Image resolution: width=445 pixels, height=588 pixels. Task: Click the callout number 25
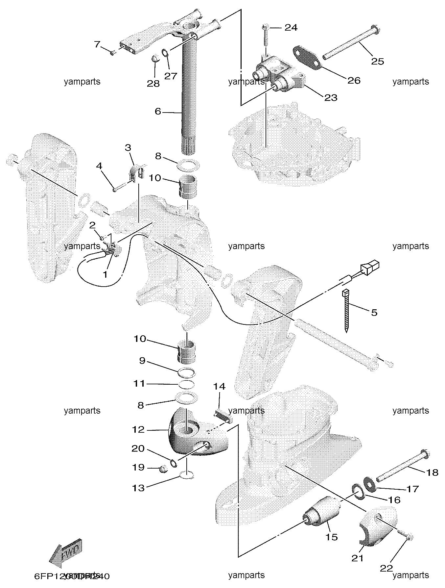tap(378, 61)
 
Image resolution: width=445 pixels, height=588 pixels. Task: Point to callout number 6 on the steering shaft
tap(158, 112)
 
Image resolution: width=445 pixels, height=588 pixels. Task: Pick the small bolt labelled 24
tap(266, 36)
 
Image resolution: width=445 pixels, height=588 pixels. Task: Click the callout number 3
tap(128, 147)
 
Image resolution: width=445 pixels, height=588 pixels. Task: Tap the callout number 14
tap(220, 386)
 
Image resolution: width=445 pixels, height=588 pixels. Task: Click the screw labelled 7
tap(113, 52)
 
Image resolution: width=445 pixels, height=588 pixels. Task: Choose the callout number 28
tap(153, 84)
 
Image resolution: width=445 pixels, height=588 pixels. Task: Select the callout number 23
tap(331, 97)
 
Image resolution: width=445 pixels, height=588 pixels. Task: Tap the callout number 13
tap(138, 488)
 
